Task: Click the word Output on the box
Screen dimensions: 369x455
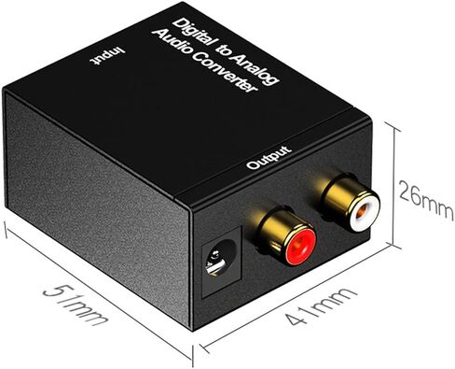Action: (x=269, y=158)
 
